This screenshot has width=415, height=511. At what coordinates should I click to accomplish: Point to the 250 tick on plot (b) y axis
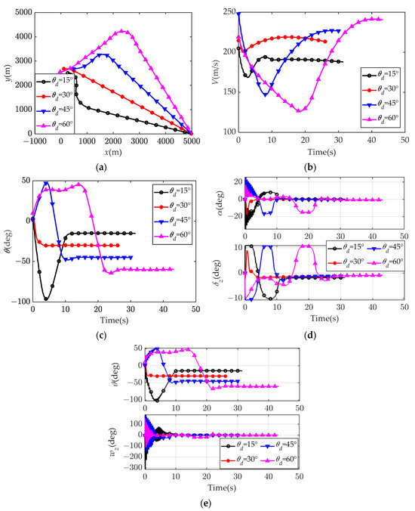228,13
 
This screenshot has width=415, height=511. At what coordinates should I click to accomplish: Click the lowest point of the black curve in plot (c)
47,299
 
